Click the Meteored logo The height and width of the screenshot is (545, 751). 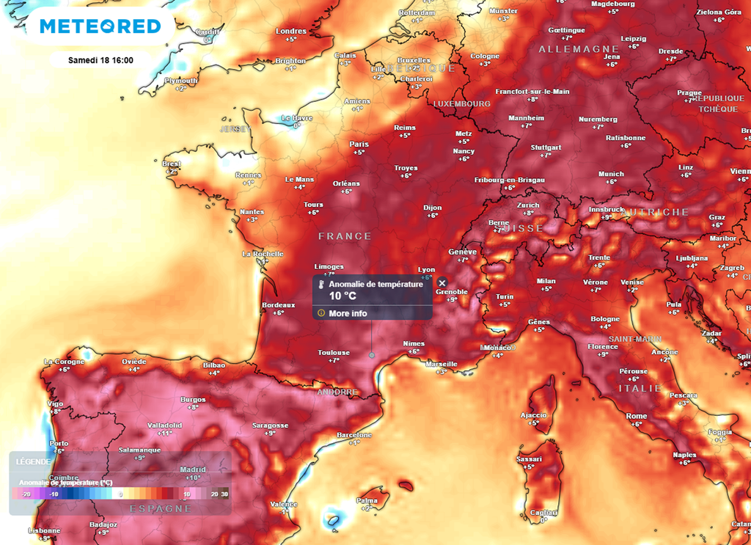100,26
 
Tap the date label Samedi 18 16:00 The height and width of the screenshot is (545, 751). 100,60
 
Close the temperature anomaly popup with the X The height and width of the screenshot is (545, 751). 442,283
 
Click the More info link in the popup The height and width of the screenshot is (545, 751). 348,313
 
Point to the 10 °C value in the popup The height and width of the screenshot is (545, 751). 342,296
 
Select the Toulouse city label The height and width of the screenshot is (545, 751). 334,353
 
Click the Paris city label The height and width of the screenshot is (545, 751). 359,144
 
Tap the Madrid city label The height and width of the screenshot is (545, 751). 192,469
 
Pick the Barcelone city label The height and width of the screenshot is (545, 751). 354,435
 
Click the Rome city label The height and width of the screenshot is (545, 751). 636,416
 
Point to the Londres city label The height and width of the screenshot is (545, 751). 291,31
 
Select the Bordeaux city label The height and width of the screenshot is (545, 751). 278,305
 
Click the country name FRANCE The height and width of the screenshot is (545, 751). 345,236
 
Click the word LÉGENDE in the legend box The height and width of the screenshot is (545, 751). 32,462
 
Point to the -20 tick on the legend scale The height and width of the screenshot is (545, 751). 25,494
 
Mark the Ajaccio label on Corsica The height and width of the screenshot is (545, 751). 534,414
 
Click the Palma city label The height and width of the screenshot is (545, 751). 367,500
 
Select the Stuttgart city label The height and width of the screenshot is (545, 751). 546,147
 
